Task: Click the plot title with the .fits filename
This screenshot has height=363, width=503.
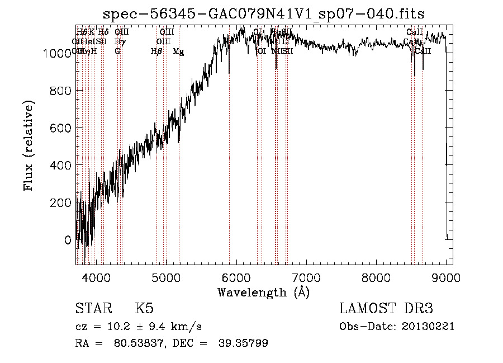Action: [264, 14]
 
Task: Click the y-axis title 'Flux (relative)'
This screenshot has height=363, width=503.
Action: [29, 145]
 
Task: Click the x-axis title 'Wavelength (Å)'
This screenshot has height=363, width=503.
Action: [263, 292]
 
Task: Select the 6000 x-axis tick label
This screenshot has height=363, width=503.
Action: [236, 277]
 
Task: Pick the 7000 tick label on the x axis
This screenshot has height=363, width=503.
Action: [306, 277]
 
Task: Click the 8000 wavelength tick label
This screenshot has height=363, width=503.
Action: [377, 277]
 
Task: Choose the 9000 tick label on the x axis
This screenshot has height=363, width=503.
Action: [447, 277]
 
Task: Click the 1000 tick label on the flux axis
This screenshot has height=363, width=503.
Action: [58, 54]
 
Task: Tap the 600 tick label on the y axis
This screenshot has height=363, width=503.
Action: [62, 128]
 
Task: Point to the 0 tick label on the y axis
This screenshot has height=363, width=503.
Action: [68, 240]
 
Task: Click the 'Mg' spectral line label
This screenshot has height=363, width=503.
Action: [178, 51]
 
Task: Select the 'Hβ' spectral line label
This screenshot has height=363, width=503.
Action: [156, 51]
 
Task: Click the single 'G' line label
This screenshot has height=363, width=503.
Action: [117, 51]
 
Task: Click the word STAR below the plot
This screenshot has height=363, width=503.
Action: [93, 309]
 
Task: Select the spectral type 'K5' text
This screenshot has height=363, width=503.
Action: [144, 309]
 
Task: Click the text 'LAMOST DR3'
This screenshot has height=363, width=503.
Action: [386, 309]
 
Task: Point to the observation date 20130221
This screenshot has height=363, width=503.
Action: [428, 327]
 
